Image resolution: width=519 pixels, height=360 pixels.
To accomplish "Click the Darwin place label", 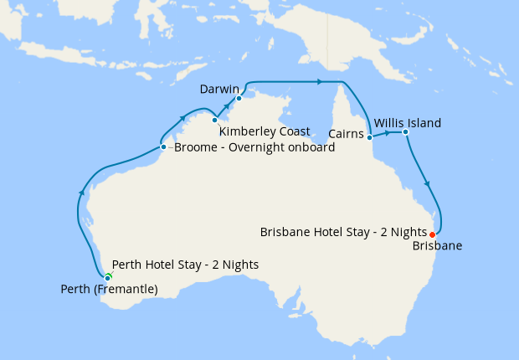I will click(220, 88).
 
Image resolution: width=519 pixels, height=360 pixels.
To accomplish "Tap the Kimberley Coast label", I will click(265, 131).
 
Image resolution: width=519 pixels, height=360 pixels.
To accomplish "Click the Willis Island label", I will click(407, 123).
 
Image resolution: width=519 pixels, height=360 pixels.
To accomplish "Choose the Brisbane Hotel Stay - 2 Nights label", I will click(342, 231).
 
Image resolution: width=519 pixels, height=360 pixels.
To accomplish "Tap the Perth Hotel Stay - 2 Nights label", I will click(185, 265).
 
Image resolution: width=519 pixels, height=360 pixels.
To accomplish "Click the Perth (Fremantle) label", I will click(110, 290).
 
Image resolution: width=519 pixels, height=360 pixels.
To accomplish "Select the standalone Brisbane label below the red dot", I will click(438, 246).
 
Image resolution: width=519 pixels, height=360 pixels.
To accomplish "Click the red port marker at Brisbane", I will click(432, 234).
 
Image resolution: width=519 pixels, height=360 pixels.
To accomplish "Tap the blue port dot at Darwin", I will click(239, 99).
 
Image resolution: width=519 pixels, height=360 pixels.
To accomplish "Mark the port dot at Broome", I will click(163, 147).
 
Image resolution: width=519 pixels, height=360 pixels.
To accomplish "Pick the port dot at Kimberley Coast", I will click(215, 120).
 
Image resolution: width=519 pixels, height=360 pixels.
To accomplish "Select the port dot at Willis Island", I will click(404, 131).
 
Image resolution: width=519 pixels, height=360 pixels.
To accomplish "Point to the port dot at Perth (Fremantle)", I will click(107, 278).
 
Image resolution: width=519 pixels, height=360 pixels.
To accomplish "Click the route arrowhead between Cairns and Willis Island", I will click(388, 132).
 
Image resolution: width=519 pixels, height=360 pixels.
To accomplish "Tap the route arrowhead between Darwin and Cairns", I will click(319, 81).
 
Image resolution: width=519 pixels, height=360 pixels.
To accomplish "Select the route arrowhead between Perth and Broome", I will click(82, 193).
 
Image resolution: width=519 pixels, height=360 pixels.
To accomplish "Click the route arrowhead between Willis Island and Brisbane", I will click(428, 184).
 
